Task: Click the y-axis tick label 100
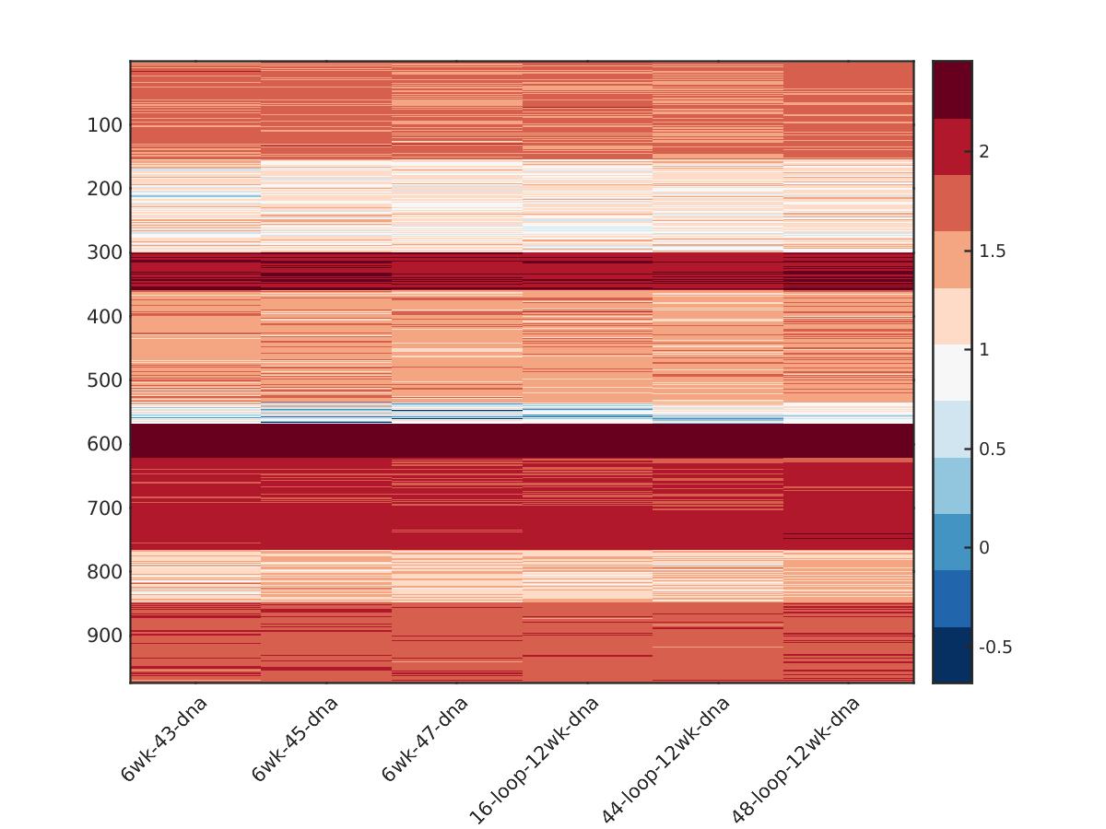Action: tap(105, 125)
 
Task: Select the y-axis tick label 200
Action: tap(105, 189)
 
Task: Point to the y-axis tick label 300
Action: tap(105, 252)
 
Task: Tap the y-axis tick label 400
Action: tap(105, 316)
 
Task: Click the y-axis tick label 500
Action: tap(105, 380)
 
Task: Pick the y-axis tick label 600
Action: tap(105, 444)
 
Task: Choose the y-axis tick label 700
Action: tap(105, 508)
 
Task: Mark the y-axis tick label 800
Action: tap(105, 572)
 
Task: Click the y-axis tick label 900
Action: tap(105, 636)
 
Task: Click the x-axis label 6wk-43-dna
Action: tap(164, 740)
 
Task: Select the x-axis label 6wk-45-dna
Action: tap(295, 740)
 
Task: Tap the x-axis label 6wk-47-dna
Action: tap(425, 740)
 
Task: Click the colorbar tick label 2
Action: tap(984, 152)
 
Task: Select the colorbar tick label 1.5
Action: tap(991, 251)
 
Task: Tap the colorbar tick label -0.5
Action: tap(994, 648)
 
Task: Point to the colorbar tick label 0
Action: tap(984, 548)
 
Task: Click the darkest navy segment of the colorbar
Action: tap(952, 655)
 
